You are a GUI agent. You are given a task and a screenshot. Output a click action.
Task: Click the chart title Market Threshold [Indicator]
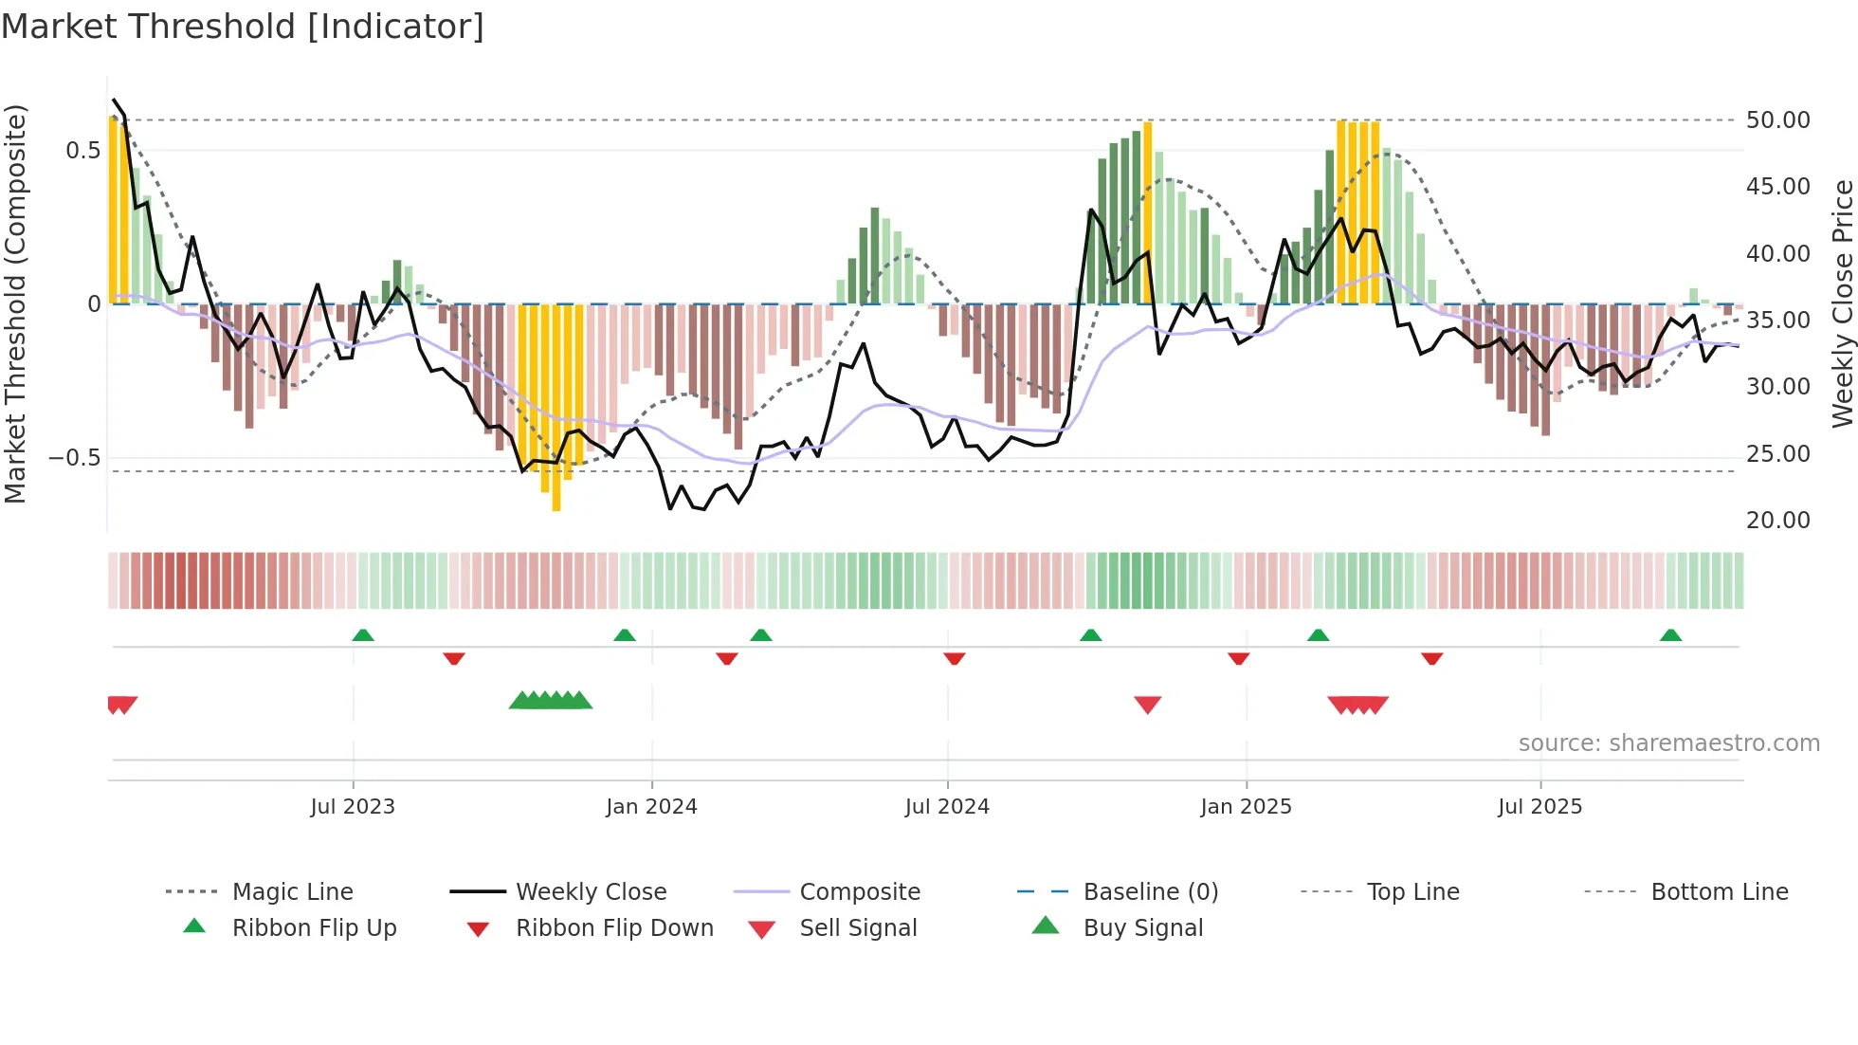pos(243,27)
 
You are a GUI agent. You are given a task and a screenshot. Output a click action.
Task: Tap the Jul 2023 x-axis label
pos(353,807)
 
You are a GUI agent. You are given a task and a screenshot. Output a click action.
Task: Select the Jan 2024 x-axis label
pos(651,807)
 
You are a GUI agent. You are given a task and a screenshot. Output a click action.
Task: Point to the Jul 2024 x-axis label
pos(947,807)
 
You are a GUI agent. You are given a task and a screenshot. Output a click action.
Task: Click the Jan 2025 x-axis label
pos(1246,807)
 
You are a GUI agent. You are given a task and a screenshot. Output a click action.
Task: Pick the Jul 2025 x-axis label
pos(1540,807)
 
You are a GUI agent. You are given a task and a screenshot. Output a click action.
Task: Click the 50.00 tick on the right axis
pos(1777,120)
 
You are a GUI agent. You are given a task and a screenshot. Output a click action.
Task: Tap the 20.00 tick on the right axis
pos(1777,521)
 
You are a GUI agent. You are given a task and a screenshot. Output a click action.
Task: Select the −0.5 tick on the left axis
pos(74,458)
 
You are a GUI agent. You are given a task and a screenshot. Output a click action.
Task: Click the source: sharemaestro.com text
pos(1668,743)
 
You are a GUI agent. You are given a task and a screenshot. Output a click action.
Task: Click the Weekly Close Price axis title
pos(1842,303)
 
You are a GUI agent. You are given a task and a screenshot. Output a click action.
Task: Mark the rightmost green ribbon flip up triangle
pos(1670,635)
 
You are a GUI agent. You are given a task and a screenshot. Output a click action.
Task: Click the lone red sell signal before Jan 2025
pos(1147,705)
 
